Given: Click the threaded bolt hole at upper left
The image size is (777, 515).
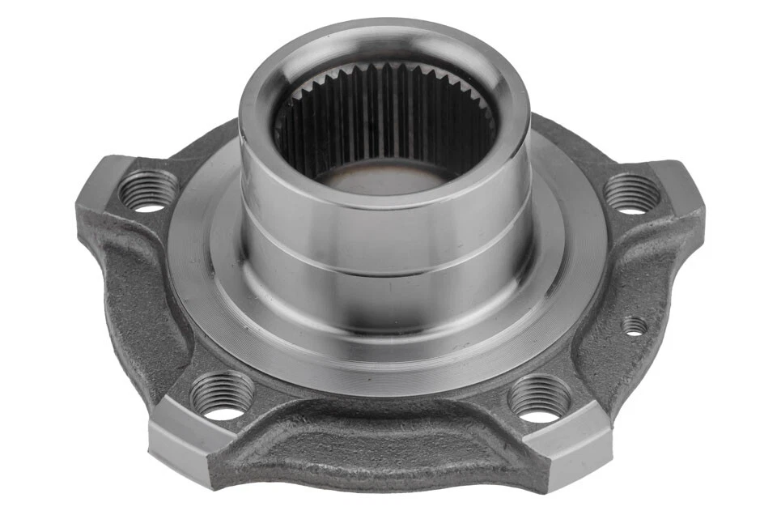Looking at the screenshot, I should (148, 190).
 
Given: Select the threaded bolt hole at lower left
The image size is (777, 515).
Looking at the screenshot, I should (221, 394).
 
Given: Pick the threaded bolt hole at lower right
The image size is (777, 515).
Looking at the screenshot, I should (538, 398).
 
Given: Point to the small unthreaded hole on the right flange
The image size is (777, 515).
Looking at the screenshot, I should (635, 326).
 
